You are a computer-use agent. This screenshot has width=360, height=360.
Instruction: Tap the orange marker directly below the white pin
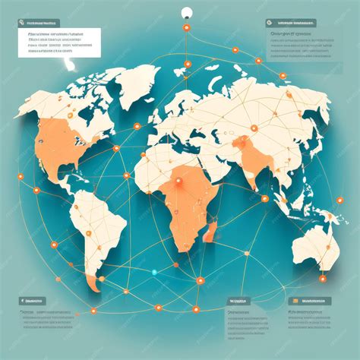click(x=185, y=28)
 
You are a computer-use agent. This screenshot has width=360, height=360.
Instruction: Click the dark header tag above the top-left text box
click(x=39, y=24)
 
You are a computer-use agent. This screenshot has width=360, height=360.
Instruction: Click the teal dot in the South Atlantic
click(x=154, y=272)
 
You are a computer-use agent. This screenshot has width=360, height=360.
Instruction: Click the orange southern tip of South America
click(x=94, y=286)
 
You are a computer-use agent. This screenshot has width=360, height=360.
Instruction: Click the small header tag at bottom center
click(x=238, y=301)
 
